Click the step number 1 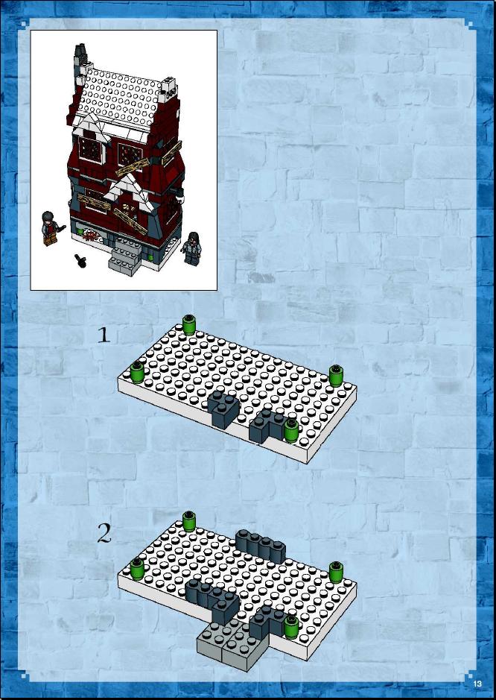104,335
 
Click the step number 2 104,533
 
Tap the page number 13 477,684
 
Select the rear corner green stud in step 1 189,324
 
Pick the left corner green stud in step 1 137,372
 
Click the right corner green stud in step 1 336,376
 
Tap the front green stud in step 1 291,431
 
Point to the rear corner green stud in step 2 189,521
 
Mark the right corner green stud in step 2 336,573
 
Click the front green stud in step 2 291,627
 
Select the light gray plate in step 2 232,644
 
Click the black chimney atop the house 80,54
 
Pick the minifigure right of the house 192,249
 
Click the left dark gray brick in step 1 223,409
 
